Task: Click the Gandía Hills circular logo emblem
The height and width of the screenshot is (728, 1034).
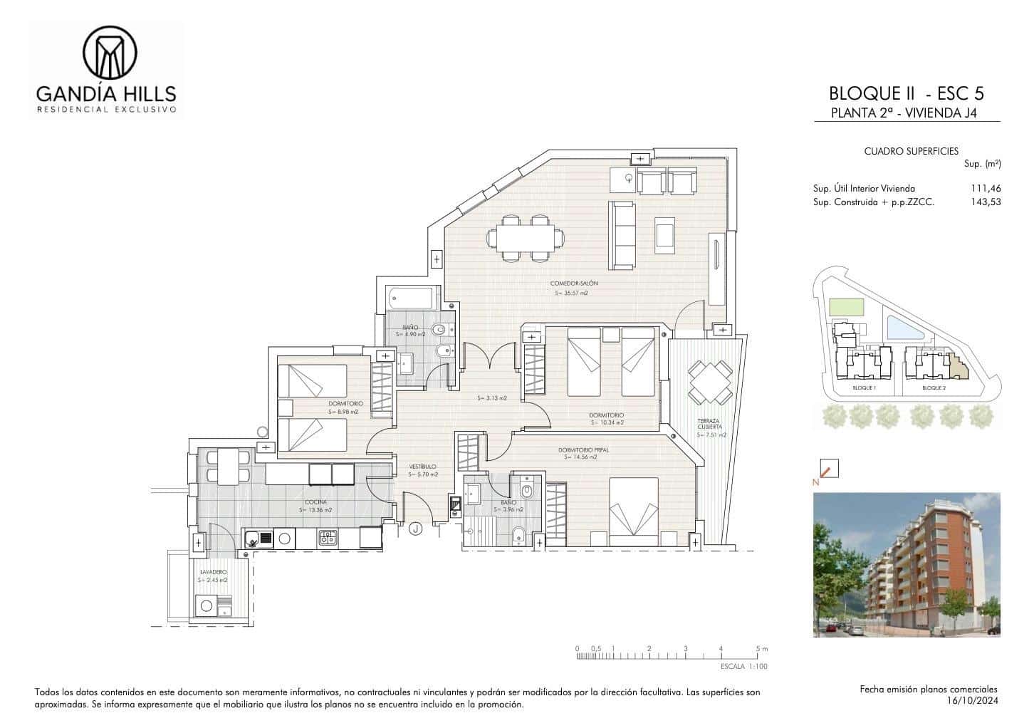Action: [x=110, y=53]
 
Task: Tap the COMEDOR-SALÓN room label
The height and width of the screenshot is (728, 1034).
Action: [x=573, y=284]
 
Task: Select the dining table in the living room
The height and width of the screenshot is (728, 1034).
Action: [x=526, y=237]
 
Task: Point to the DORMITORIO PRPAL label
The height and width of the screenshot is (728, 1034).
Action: [x=583, y=449]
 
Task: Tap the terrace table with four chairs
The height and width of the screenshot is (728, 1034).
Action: [x=710, y=382]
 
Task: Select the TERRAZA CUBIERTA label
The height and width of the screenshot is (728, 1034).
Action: [x=709, y=424]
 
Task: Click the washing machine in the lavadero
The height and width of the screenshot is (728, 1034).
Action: [x=207, y=606]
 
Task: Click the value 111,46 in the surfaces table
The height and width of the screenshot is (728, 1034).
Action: [x=986, y=189]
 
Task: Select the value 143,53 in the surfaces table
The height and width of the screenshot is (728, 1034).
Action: [x=986, y=202]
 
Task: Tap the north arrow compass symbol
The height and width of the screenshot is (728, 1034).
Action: [x=829, y=469]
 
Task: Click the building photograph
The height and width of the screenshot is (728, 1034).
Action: [x=907, y=564]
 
